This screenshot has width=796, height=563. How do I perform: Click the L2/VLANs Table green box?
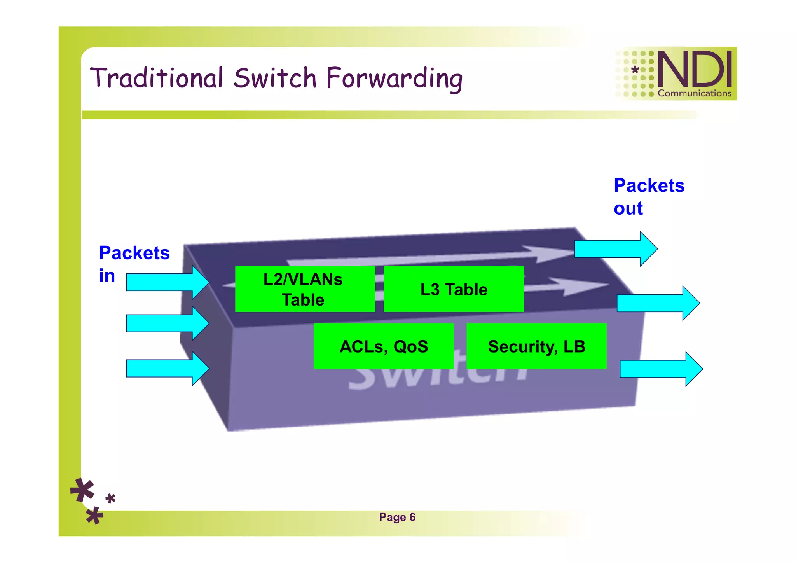[305, 289]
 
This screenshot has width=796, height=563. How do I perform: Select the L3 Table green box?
[453, 289]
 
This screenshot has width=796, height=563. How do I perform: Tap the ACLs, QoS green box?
[383, 346]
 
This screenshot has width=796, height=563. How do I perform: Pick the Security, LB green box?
[536, 346]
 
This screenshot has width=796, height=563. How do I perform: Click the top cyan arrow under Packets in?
[167, 282]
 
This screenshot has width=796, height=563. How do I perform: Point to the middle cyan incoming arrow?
[167, 323]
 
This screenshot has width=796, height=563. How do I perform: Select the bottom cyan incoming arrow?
[167, 369]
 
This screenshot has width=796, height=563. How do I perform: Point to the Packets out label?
[648, 196]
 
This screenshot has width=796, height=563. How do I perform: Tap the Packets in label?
[134, 264]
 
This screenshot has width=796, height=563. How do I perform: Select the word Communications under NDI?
[694, 93]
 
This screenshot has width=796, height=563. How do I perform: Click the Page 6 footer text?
[397, 517]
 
